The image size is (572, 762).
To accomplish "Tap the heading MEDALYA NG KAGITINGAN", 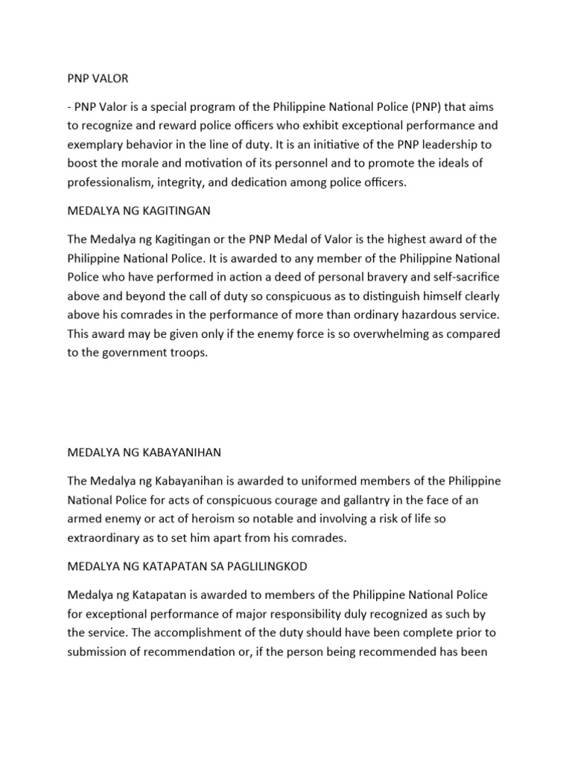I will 139,211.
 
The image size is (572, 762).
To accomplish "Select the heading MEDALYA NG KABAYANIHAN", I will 144,452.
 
